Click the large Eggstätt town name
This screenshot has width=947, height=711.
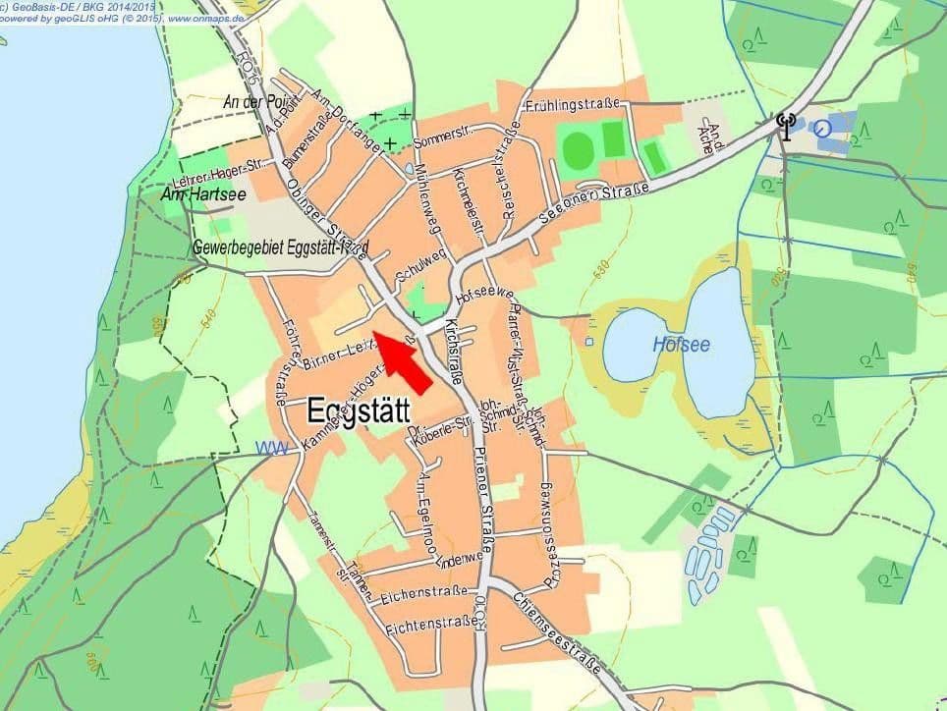[x=359, y=410]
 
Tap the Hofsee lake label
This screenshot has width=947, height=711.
[x=682, y=345]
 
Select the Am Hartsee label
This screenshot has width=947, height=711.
[x=203, y=195]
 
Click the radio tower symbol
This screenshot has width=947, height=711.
[x=785, y=126]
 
